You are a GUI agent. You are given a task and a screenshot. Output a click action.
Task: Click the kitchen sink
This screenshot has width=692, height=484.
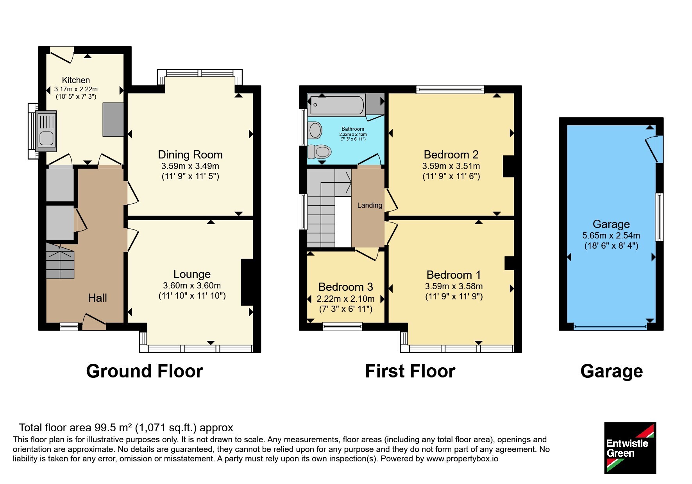pos(46,131)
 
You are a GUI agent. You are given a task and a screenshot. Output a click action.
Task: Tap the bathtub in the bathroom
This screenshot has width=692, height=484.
pos(336,105)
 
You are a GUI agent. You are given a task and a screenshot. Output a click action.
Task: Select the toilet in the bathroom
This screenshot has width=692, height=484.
pos(319,151)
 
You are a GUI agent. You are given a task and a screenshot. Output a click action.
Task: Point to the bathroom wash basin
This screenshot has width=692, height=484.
pos(315,130)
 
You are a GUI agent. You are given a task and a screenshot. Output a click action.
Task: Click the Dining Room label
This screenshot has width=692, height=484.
pos(190,155)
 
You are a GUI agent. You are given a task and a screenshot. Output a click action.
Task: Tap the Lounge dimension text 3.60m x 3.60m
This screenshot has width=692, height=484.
pos(192,285)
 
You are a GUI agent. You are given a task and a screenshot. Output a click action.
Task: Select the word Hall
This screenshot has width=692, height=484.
pos(97,298)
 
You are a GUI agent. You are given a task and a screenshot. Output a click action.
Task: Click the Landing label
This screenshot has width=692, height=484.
pos(370,205)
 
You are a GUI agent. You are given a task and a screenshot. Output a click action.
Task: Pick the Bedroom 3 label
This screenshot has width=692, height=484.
pos(346,287)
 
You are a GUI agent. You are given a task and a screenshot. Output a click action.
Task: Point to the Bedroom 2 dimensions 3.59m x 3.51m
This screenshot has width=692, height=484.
pos(451,166)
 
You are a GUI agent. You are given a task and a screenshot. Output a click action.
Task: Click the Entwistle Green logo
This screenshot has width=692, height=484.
pos(630,448)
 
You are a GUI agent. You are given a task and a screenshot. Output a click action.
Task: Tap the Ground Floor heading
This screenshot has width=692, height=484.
pos(145,371)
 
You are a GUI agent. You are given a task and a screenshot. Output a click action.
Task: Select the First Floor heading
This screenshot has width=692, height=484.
pos(410,371)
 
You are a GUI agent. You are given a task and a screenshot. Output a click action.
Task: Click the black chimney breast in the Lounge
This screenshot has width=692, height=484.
pos(247,282)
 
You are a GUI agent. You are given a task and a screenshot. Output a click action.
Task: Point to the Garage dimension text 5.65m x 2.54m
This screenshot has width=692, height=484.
pos(611,235)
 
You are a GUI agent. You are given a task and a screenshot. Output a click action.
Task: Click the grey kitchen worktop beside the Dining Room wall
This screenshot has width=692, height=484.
pos(113,119)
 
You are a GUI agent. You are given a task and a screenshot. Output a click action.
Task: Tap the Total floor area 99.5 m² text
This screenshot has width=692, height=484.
pos(126,428)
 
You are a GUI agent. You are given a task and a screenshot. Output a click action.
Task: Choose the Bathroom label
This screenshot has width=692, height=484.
pos(353,129)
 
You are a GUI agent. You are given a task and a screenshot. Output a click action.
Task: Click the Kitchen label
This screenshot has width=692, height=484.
pos(76,80)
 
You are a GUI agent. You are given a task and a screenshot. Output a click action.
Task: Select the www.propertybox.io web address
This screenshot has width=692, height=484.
pos(462,459)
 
